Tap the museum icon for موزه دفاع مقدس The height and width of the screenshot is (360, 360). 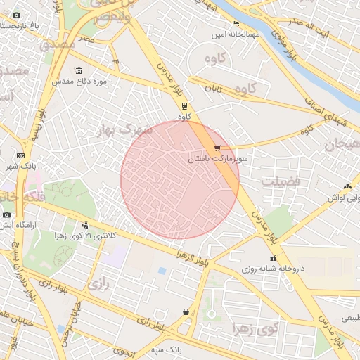(x=77, y=71)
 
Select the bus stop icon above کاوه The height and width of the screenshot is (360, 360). (x=184, y=107)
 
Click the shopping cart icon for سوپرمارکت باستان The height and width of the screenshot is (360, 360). (x=217, y=148)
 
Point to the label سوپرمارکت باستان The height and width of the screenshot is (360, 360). (x=214, y=160)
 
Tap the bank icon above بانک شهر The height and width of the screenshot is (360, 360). (x=20, y=155)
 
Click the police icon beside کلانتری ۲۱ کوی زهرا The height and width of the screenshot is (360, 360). (x=85, y=225)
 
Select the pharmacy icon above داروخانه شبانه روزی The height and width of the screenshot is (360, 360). (x=273, y=259)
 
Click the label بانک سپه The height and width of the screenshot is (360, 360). (x=167, y=349)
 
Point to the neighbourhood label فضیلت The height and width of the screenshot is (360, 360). (x=281, y=181)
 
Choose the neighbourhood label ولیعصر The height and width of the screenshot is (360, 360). (x=106, y=17)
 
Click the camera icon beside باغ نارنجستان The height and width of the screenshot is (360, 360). (x=16, y=15)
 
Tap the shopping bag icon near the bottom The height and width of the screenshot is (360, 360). (x=185, y=311)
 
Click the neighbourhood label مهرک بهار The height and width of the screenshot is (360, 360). (x=127, y=131)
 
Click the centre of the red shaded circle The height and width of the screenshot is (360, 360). (x=180, y=179)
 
